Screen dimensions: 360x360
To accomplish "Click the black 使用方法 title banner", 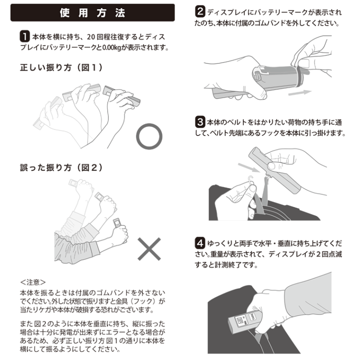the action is pyautogui.click(x=92, y=12).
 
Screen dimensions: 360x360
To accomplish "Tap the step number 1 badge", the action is pyautogui.click(x=24, y=36).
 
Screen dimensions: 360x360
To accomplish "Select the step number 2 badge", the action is pyautogui.click(x=200, y=11).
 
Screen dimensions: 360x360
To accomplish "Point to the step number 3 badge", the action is pyautogui.click(x=200, y=122).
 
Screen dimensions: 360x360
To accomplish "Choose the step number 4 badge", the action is pyautogui.click(x=200, y=243).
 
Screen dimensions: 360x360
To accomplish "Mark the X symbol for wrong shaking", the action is pyautogui.click(x=149, y=249).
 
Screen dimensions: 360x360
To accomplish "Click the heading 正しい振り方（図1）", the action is pyautogui.click(x=61, y=67).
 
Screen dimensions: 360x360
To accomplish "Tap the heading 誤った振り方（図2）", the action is pyautogui.click(x=61, y=168).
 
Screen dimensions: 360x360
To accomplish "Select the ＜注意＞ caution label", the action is pyautogui.click(x=33, y=282).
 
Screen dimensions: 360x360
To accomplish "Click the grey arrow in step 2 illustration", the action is pyautogui.click(x=299, y=92).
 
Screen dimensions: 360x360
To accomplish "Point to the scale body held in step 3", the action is pyautogui.click(x=274, y=170).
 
